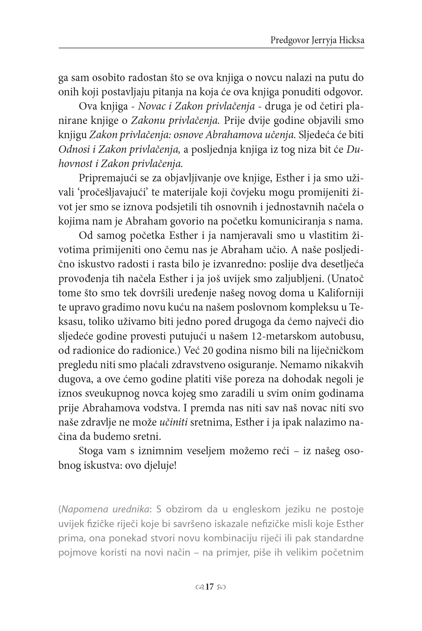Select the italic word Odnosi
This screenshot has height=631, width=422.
pyautogui.click(x=71, y=150)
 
